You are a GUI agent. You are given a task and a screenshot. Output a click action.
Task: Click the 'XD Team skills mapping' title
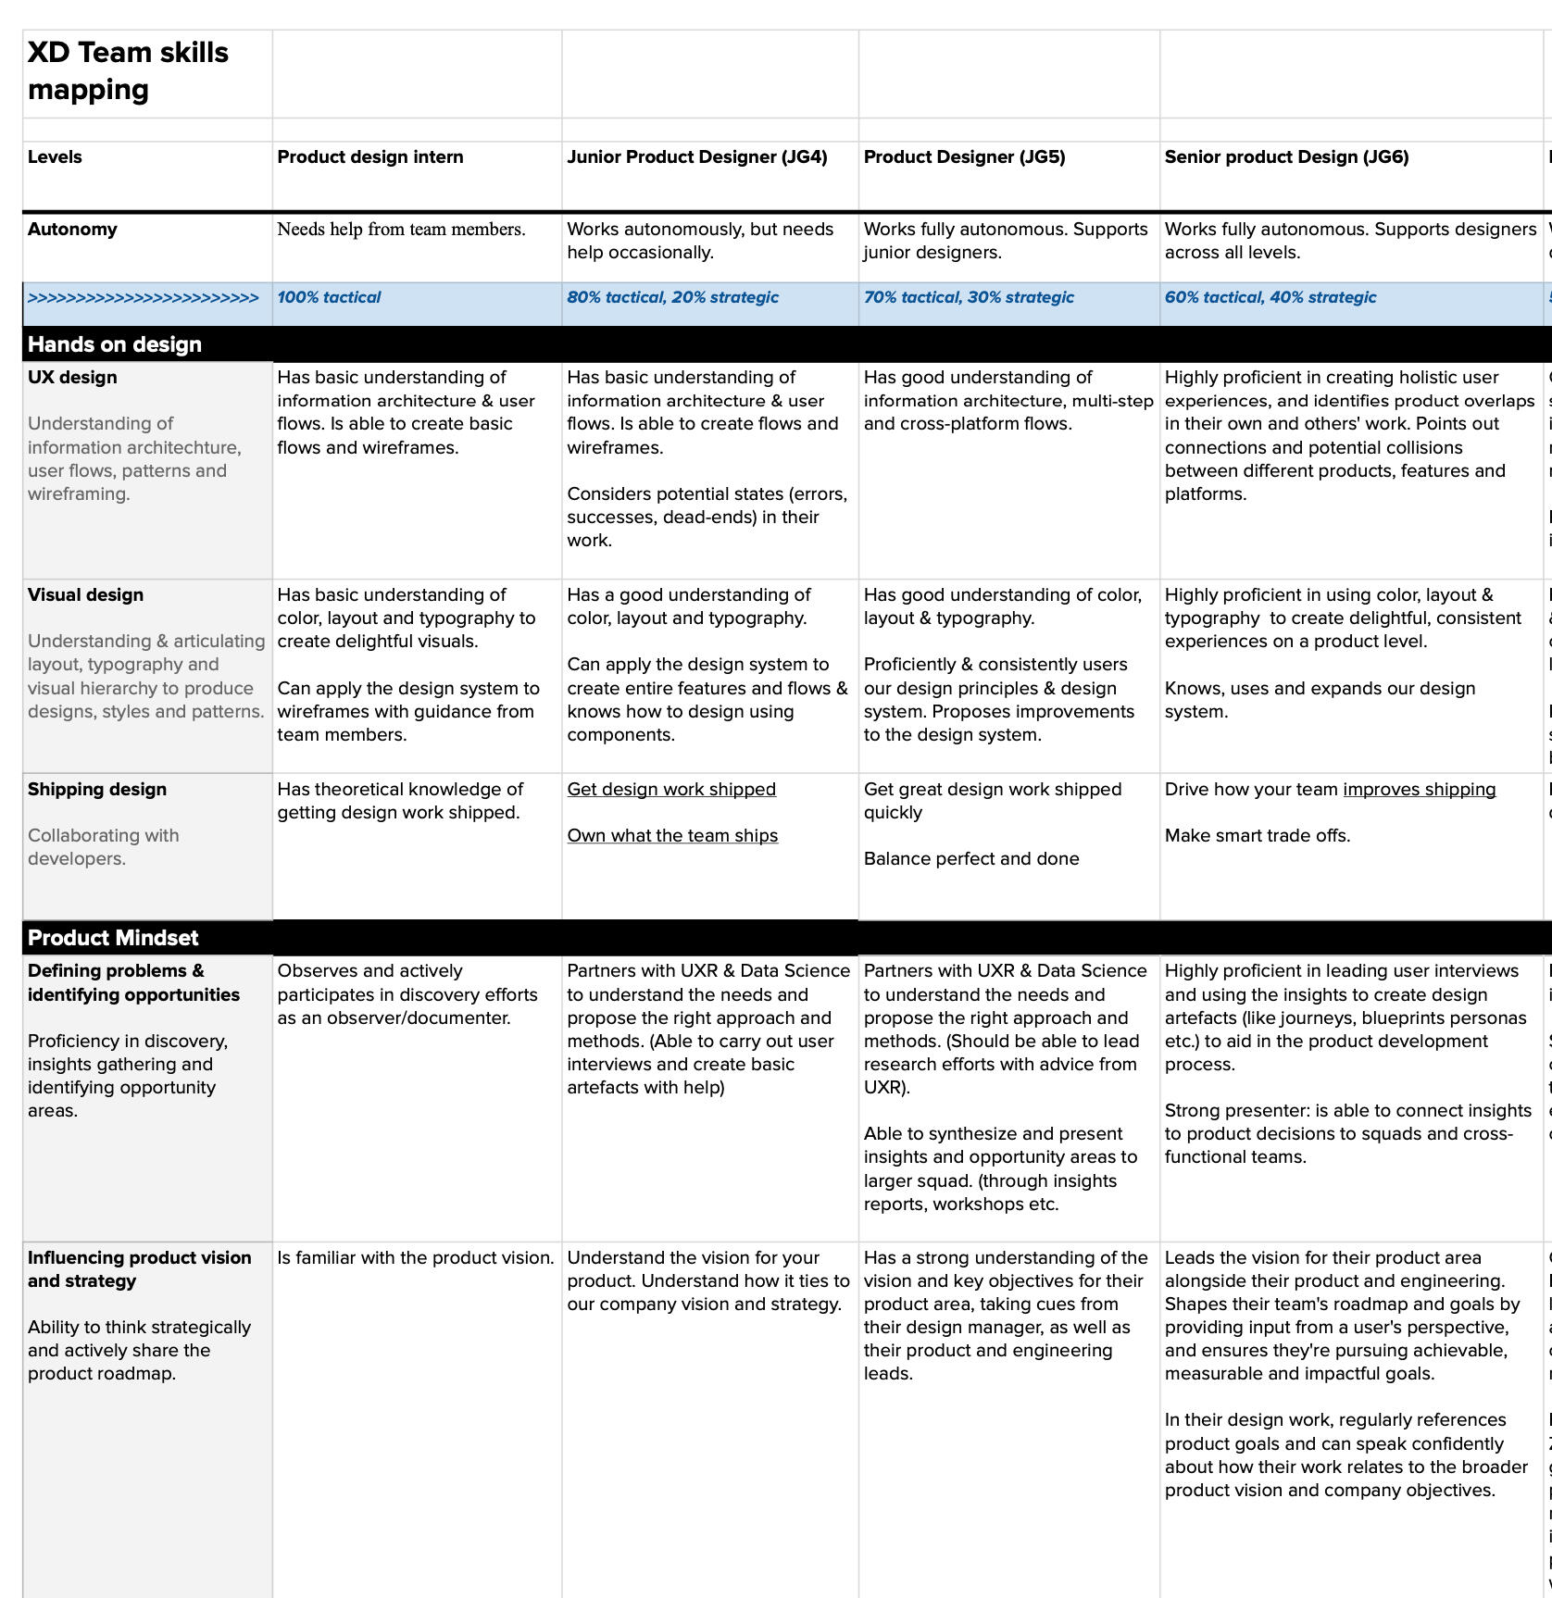point(128,70)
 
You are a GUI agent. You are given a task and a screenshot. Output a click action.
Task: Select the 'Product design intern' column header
point(370,156)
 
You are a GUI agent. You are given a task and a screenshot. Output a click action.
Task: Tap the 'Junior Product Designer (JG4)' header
point(696,156)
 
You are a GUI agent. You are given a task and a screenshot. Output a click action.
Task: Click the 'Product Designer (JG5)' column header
point(964,156)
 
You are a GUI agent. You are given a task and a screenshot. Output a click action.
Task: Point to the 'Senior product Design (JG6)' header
point(1286,156)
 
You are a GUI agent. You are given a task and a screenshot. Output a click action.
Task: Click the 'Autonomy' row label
point(72,229)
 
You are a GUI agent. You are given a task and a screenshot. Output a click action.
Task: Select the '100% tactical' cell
point(329,297)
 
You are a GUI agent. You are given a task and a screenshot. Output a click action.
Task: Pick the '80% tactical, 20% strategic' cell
point(672,297)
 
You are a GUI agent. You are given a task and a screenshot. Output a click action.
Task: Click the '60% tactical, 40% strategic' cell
point(1270,297)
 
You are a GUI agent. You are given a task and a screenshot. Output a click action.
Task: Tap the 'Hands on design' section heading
point(115,344)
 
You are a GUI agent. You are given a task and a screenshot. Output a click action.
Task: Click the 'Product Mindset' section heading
point(113,938)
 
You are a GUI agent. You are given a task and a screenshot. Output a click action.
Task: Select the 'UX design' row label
point(72,377)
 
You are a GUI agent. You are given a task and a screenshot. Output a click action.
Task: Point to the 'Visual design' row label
point(85,594)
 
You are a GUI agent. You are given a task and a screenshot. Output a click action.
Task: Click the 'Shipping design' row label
point(97,789)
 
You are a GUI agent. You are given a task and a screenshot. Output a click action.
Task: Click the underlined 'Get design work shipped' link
point(671,789)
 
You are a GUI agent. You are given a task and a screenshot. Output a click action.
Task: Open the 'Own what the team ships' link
point(672,835)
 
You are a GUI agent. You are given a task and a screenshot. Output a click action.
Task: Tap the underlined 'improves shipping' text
point(1419,789)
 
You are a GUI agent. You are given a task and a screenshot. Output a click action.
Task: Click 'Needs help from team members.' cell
point(401,229)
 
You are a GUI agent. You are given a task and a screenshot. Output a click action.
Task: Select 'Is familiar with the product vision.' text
point(416,1257)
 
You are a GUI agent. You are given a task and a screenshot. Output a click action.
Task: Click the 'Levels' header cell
point(55,156)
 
